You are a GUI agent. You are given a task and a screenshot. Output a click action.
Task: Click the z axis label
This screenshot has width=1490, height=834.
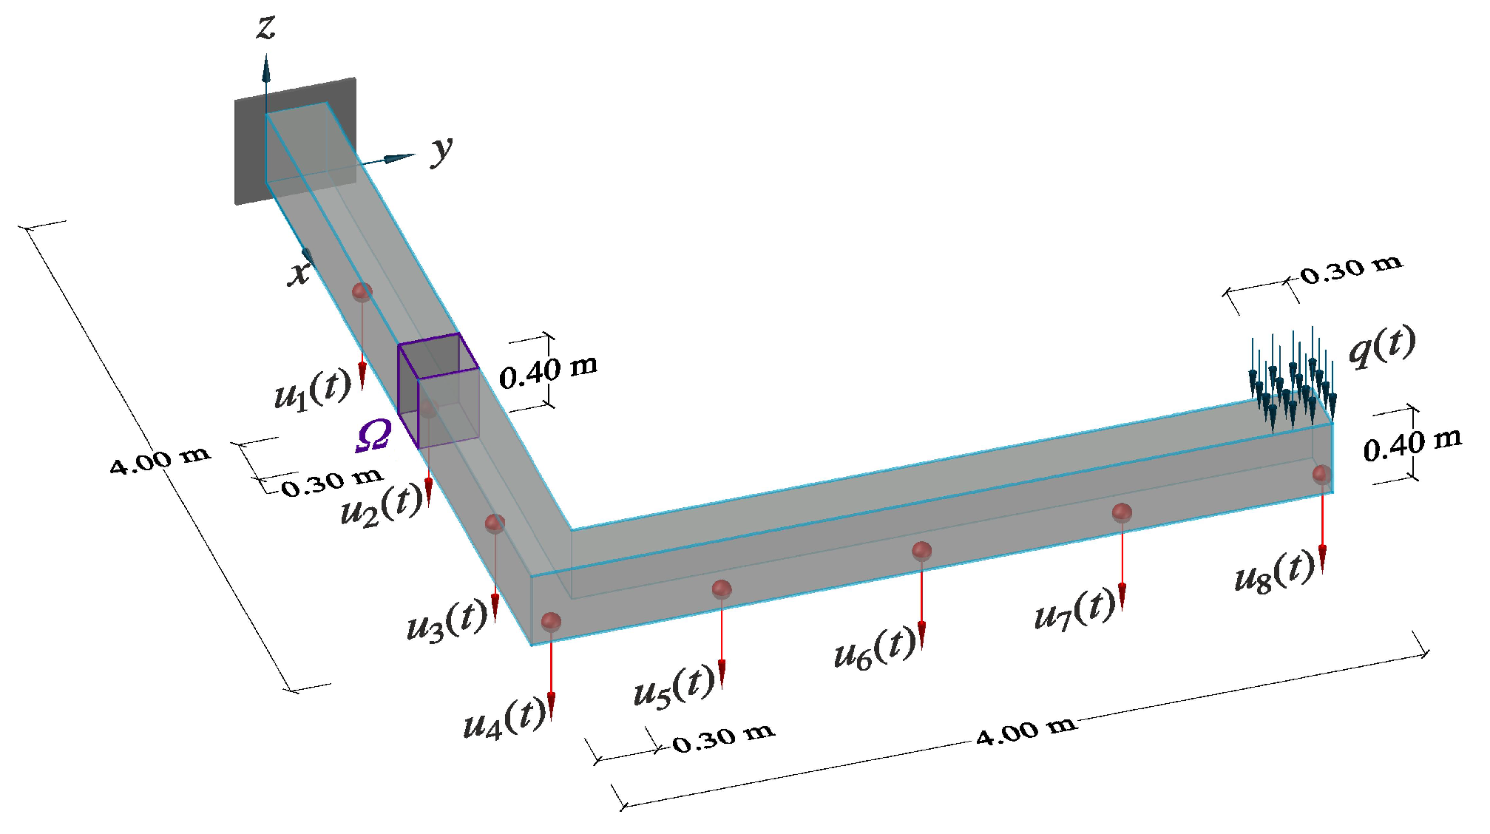(x=265, y=28)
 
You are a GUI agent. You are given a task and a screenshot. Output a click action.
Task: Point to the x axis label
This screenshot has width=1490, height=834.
(x=299, y=273)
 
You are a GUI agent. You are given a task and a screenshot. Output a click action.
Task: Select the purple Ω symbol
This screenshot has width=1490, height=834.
(x=373, y=435)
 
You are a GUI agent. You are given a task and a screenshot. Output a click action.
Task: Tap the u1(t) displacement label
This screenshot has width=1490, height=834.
(x=312, y=390)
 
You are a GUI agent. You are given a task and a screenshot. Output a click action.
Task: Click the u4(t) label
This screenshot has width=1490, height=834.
(x=504, y=719)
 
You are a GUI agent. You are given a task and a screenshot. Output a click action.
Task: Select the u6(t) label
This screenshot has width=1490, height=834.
(x=873, y=648)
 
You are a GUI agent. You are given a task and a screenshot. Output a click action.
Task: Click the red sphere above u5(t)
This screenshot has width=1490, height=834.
(x=722, y=589)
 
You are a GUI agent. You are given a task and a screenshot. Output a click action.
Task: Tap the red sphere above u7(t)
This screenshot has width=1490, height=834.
(x=1122, y=512)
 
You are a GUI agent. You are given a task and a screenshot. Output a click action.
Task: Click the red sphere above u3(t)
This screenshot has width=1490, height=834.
(x=495, y=524)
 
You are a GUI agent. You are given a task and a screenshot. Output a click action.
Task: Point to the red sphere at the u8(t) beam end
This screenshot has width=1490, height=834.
(x=1322, y=474)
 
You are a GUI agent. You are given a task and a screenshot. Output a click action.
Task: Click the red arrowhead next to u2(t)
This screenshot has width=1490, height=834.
(x=428, y=491)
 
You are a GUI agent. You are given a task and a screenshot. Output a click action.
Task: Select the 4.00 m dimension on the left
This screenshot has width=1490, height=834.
(x=160, y=459)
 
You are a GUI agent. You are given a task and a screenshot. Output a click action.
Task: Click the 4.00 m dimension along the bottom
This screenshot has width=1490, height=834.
(x=1025, y=731)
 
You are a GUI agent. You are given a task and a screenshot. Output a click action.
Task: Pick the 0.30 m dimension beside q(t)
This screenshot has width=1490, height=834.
(x=1351, y=270)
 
